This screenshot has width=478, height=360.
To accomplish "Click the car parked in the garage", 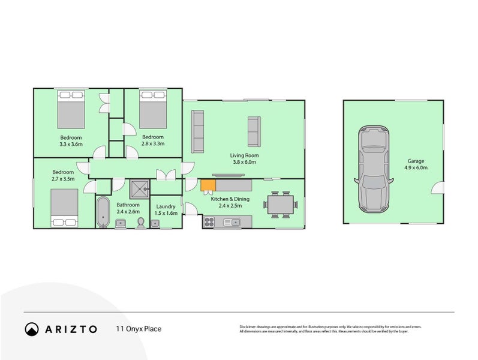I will point(371,170).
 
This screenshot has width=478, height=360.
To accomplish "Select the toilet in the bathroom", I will point(140,223).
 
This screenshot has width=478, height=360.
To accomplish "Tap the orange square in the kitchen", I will point(208,186).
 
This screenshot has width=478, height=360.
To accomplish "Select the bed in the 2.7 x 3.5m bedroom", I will point(64,207).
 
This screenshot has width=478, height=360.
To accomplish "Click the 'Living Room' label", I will point(243,155).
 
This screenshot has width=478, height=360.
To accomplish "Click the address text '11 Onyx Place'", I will point(139,329).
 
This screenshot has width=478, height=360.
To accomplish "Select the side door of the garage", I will point(438,188).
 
